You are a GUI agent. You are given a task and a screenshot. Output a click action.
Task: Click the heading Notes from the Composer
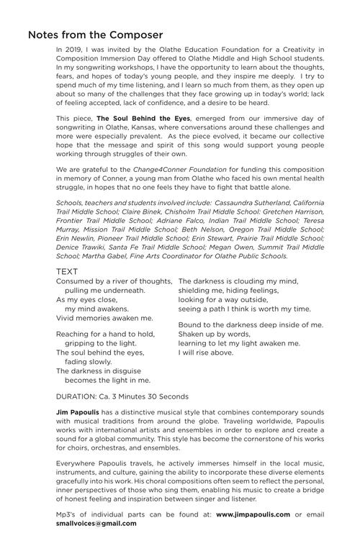(x=95, y=35)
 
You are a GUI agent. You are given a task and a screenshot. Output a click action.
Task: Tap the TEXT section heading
(x=67, y=271)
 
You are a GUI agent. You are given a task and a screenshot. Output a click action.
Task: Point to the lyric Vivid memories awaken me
(x=104, y=317)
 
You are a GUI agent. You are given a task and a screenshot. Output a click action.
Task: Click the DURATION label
(x=79, y=396)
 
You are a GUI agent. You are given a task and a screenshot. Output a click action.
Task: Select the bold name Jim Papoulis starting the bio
(x=79, y=414)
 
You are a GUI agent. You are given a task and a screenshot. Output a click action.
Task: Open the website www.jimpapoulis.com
(x=252, y=514)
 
